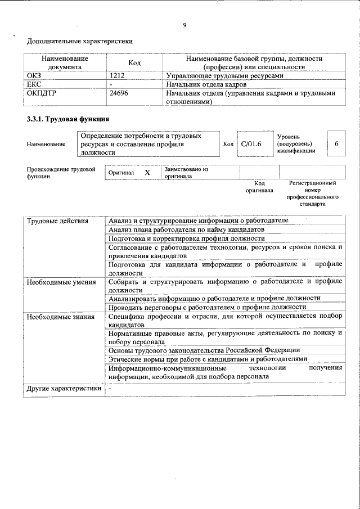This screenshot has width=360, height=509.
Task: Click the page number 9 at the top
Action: coord(184,24)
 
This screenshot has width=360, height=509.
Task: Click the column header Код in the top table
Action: coord(134,62)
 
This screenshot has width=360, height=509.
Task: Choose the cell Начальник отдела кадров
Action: coord(206,84)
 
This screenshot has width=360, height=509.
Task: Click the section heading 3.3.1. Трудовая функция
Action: coord(67,120)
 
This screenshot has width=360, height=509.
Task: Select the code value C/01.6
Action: coord(251,144)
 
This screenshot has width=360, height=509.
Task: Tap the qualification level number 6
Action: coord(336,144)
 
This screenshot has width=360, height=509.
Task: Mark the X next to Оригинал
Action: coord(147,173)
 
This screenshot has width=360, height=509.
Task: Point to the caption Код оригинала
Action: coord(259,187)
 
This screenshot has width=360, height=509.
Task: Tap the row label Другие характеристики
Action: coord(64,388)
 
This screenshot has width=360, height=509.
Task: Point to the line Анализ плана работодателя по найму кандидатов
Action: coord(186,229)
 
